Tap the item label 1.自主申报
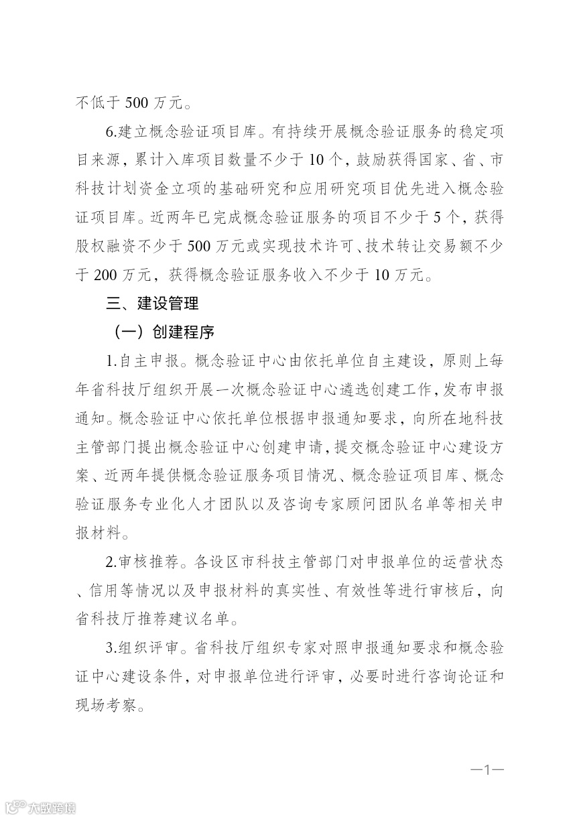[x=142, y=361]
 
